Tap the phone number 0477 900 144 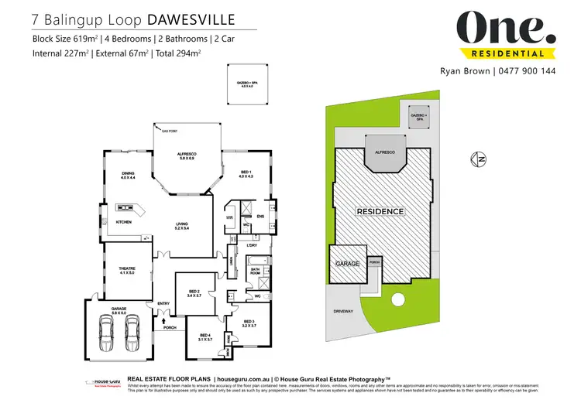(528, 70)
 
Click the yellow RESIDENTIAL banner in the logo (507, 53)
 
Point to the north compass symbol (478, 160)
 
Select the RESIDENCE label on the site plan (379, 211)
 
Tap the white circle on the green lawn (399, 300)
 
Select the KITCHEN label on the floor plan (125, 222)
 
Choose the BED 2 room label (194, 292)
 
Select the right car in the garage (132, 333)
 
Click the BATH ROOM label (255, 272)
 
